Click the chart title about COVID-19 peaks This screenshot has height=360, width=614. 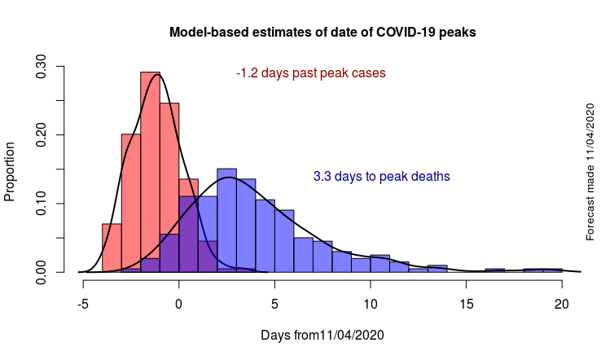pos(322,33)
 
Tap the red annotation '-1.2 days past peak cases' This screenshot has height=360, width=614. pos(311,73)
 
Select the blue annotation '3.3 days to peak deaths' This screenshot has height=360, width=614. pos(382,176)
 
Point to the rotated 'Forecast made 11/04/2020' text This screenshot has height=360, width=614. pos(590,172)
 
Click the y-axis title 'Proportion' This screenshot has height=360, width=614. pos(11,172)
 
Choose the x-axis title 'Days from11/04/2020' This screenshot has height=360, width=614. pos(322,335)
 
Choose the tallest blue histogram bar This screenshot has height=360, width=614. pos(226,220)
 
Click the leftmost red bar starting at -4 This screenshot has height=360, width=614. pos(112,248)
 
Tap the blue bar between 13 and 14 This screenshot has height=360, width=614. pos(437,268)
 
